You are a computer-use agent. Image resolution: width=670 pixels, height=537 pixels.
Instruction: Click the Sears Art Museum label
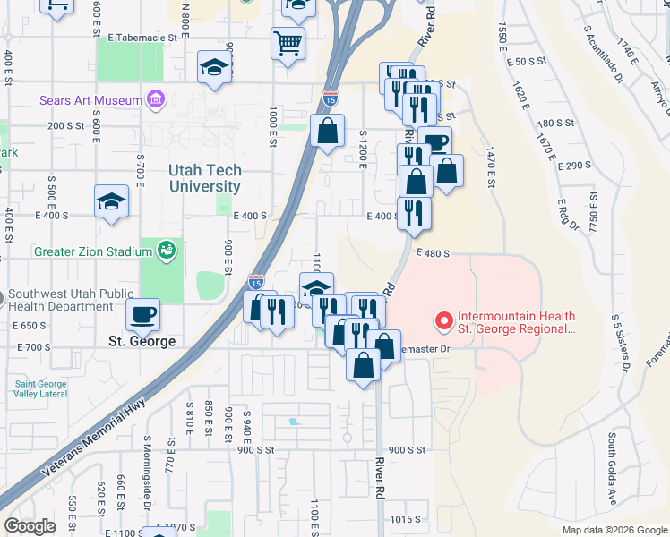coord(90,100)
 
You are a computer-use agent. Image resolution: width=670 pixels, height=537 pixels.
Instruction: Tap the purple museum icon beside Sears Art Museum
coord(157,98)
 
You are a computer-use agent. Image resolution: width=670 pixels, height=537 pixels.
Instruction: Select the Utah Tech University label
coord(205,178)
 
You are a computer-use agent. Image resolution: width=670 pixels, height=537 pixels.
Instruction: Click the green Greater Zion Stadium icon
coord(167,251)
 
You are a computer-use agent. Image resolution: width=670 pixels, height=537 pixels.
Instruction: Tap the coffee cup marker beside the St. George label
coord(143,313)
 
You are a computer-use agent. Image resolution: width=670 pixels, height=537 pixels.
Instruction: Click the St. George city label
coord(142,341)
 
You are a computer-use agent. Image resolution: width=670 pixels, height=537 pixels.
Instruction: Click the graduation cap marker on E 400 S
coord(111,201)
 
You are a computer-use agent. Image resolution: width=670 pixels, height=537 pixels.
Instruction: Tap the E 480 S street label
coord(433,253)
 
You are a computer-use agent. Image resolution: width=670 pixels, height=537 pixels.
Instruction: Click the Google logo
coord(30,526)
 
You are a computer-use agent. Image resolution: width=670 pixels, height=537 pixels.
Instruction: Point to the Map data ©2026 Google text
coord(614,530)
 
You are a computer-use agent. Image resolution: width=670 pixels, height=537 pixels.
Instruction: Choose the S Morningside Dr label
coord(147,491)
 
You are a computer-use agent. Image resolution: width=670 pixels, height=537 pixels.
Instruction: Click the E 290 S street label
coord(574,166)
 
